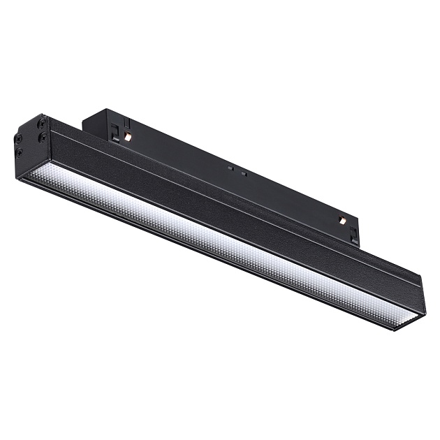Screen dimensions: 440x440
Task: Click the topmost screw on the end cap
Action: click(42, 122)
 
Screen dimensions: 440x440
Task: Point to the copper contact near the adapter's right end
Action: click(343, 220)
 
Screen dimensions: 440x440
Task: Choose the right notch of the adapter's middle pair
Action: click(243, 173)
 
